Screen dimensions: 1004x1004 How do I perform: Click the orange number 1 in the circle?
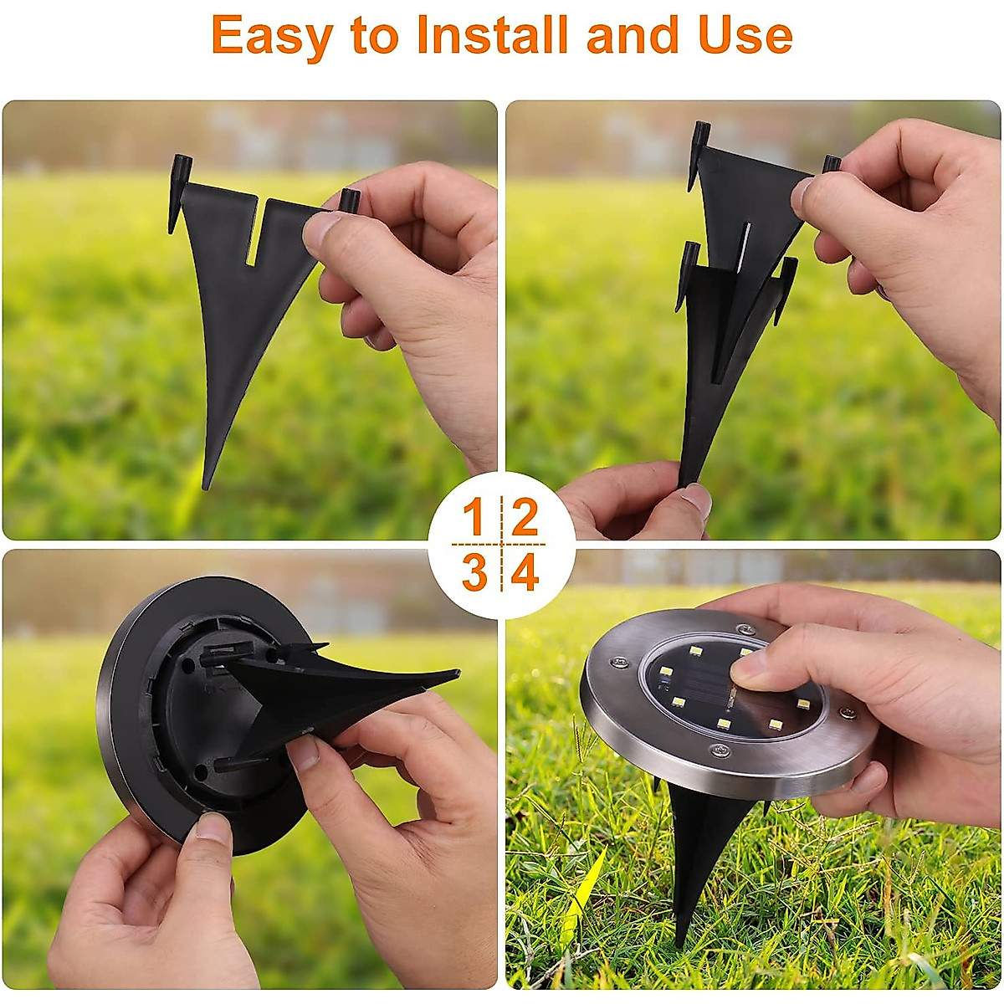[x=474, y=518]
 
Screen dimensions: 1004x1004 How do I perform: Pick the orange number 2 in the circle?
[x=525, y=518]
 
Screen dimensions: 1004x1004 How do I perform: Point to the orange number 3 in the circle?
[x=474, y=573]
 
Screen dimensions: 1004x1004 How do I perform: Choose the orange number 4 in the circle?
[x=525, y=573]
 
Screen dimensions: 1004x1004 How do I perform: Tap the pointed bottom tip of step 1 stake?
[x=207, y=481]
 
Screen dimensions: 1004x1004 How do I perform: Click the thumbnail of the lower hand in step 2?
[x=694, y=500]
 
